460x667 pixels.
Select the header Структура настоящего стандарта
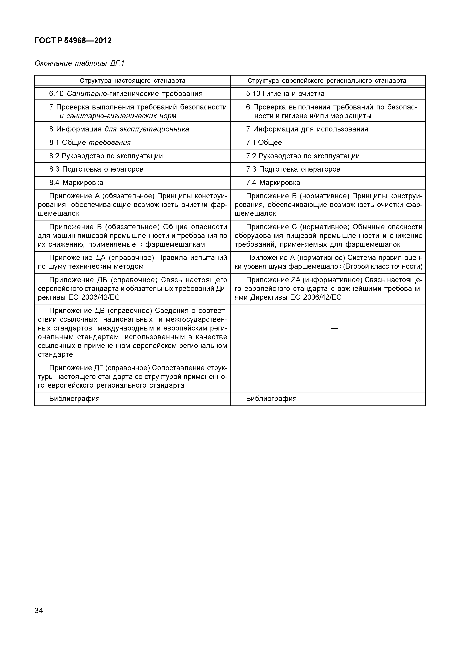pos(133,81)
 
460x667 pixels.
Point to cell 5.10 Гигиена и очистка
pos(285,94)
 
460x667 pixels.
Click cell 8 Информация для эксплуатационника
pos(119,129)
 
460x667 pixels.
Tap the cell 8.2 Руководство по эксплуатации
pos(106,156)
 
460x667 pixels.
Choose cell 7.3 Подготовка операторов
pos(293,169)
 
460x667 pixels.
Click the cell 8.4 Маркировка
pos(76,183)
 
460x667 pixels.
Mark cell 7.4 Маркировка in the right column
pos(273,183)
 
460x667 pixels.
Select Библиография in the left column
pos(74,399)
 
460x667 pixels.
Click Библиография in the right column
pos(271,399)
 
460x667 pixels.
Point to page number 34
pos(39,611)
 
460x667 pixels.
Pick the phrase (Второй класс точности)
pos(382,267)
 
